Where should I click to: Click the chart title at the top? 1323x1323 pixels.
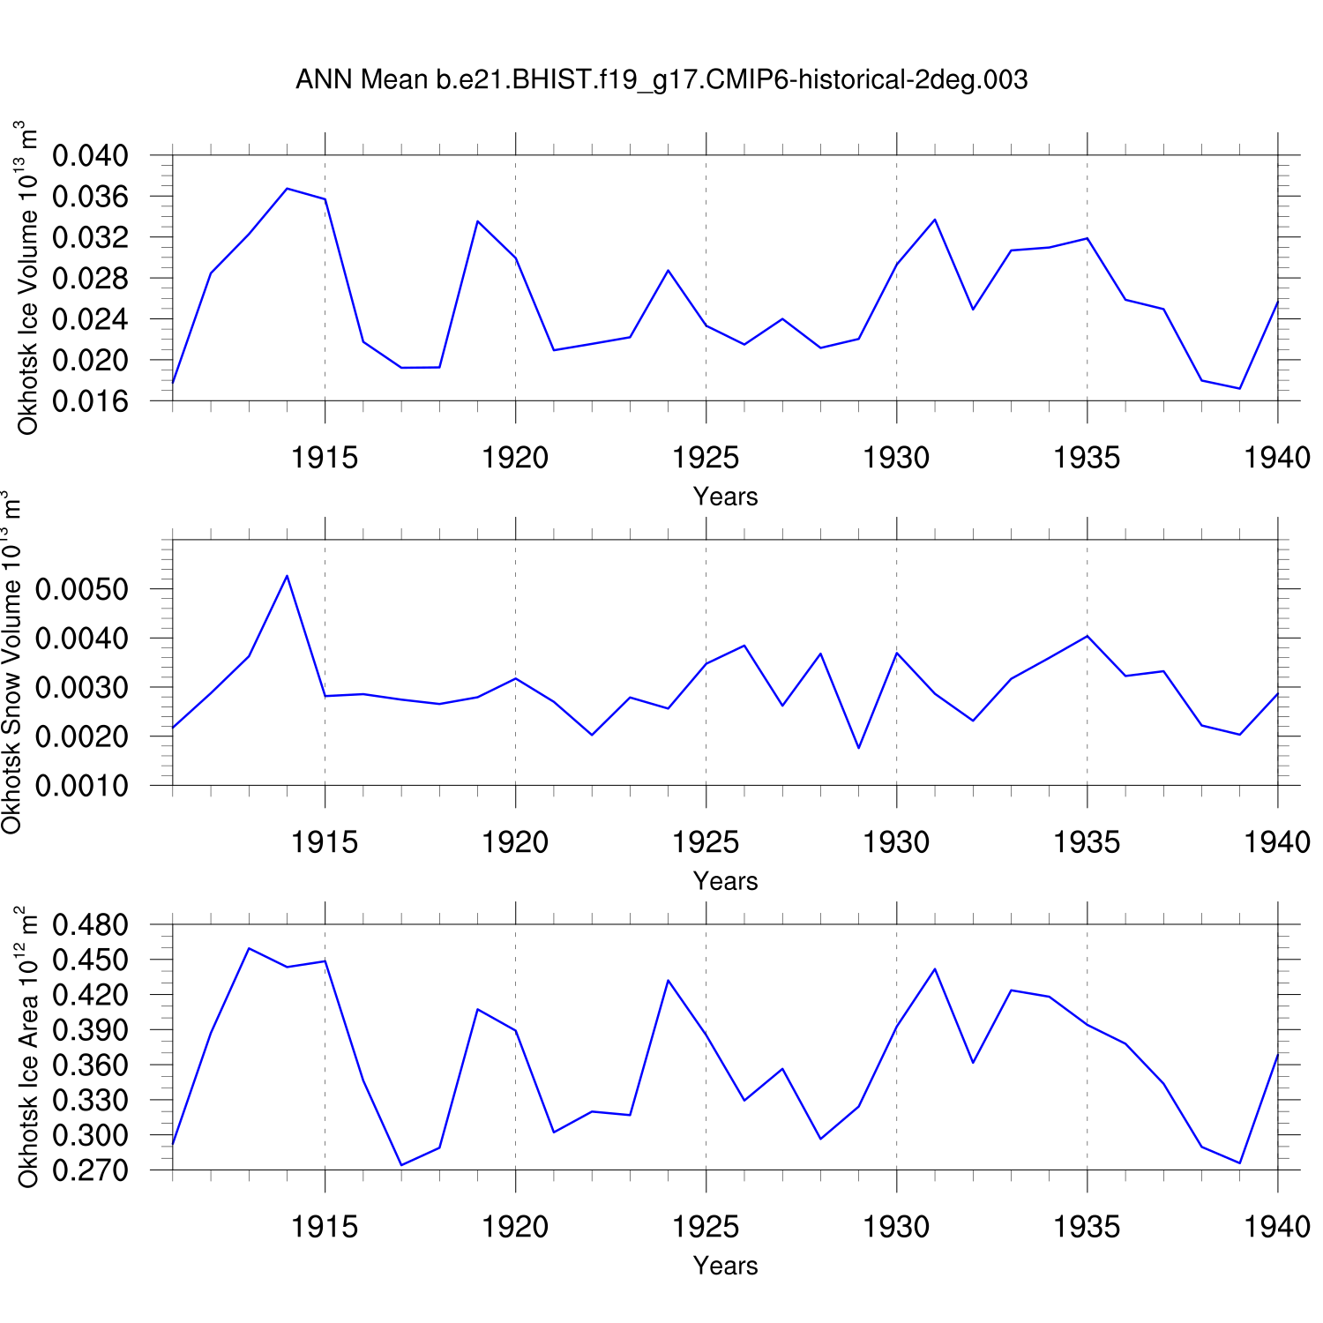coord(661,80)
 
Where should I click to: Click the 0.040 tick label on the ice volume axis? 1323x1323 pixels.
coord(91,156)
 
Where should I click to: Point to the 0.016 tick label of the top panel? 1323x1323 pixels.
coord(91,401)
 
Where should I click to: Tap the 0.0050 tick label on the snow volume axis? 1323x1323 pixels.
coord(82,589)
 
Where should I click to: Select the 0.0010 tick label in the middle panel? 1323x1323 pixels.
coord(82,785)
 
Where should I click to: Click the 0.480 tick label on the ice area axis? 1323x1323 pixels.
coord(91,925)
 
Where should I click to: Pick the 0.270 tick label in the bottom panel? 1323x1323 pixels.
coord(91,1170)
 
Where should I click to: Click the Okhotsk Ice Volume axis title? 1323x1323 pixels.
coord(28,278)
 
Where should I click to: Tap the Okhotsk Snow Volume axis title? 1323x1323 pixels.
coord(11,661)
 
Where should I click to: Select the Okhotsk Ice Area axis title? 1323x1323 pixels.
coord(28,1047)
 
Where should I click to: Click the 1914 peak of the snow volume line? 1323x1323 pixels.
coord(288,576)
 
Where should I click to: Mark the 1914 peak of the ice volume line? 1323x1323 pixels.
coord(288,189)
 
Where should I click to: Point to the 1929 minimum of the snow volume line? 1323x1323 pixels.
coord(859,748)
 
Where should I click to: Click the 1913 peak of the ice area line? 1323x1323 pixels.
coord(250,948)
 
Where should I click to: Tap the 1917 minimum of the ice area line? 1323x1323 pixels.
coord(401,1165)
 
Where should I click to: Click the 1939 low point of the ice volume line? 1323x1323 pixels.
coord(1240,388)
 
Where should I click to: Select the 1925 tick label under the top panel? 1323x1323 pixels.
coord(706,458)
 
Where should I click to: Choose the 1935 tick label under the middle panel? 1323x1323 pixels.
coord(1087,842)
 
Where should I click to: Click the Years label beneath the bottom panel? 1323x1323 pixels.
coord(725,1266)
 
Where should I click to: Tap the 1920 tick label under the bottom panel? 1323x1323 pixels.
coord(515,1227)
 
